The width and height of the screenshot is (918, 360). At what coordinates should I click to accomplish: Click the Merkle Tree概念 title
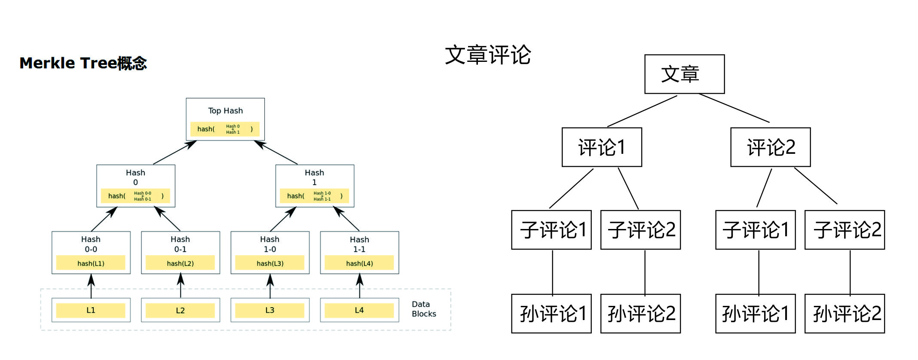pyautogui.click(x=83, y=63)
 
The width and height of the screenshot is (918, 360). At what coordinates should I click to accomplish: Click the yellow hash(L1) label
pyautogui.click(x=91, y=263)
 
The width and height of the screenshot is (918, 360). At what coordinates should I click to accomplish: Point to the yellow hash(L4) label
pyautogui.click(x=359, y=263)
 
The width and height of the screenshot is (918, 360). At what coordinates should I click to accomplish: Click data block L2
pyautogui.click(x=181, y=310)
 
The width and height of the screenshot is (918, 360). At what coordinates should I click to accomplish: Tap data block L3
pyautogui.click(x=270, y=310)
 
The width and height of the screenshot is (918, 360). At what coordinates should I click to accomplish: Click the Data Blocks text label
pyautogui.click(x=423, y=309)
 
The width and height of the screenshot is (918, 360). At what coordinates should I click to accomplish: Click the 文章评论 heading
pyautogui.click(x=488, y=55)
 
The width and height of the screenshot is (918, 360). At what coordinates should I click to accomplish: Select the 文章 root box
pyautogui.click(x=684, y=74)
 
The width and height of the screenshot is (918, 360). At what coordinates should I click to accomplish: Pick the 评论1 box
pyautogui.click(x=602, y=147)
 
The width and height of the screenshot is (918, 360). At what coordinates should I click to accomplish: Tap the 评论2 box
pyautogui.click(x=770, y=147)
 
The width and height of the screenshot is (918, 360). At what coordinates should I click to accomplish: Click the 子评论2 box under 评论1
pyautogui.click(x=640, y=230)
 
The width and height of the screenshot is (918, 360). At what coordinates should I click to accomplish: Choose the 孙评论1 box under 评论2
pyautogui.click(x=755, y=314)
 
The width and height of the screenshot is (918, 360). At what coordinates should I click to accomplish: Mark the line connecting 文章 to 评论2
pyautogui.click(x=734, y=108)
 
